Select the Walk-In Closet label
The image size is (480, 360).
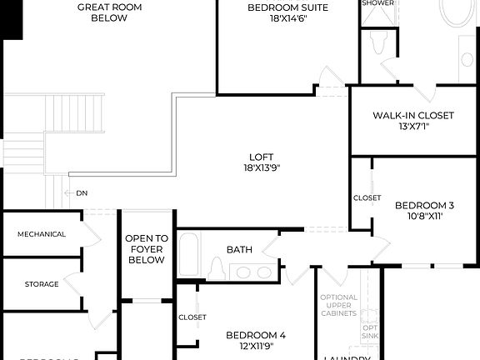(x=413, y=116)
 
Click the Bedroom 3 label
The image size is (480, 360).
(x=424, y=206)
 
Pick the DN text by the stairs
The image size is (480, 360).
(x=82, y=193)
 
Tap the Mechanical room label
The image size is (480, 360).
(x=42, y=234)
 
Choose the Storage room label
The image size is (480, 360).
(x=42, y=284)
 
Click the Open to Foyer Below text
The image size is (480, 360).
(x=147, y=249)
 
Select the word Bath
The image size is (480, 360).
(x=239, y=249)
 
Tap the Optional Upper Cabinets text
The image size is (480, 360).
(x=339, y=307)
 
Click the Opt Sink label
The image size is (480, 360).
(x=372, y=332)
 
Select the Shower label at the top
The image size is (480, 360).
(x=377, y=3)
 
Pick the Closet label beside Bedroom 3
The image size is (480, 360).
(x=367, y=198)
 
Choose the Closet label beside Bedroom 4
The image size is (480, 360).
(x=192, y=317)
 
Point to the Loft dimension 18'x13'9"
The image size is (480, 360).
(x=256, y=167)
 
